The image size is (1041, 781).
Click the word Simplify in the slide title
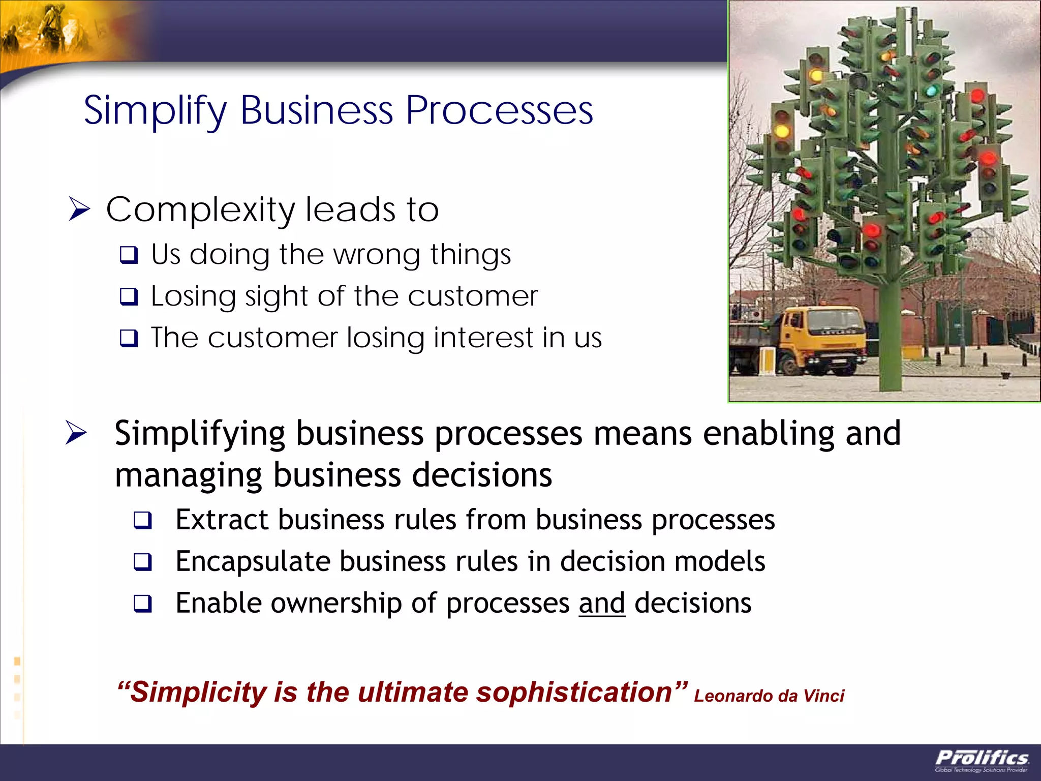coord(155,111)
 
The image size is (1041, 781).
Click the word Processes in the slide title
coord(499,111)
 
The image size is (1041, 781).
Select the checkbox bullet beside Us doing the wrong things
coord(129,255)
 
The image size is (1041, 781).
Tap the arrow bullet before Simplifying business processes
coord(76,434)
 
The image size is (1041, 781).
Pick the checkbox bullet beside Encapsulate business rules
coord(143,562)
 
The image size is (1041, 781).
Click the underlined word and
coord(602,604)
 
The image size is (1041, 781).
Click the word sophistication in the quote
coord(574,693)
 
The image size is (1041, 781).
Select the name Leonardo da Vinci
coord(769,696)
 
